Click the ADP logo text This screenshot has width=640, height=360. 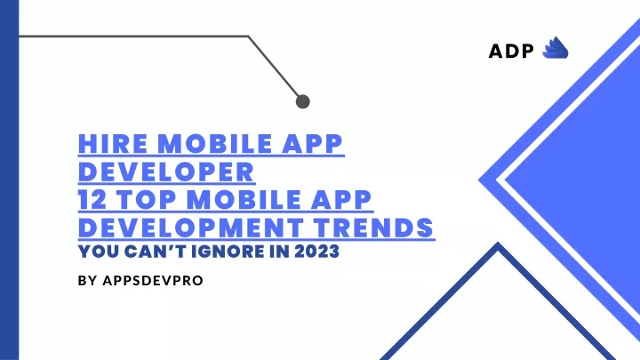(x=511, y=51)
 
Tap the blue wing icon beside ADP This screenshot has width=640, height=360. (x=555, y=48)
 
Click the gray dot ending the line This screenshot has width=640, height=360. (x=302, y=101)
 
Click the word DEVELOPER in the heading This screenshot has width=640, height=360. (x=166, y=172)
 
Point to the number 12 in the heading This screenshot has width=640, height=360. (x=92, y=200)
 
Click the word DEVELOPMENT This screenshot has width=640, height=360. (x=190, y=228)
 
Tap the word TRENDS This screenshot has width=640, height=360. (x=373, y=228)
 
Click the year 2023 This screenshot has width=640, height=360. (x=316, y=252)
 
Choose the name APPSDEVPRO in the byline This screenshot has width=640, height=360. (x=153, y=281)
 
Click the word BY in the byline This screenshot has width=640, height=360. (x=87, y=281)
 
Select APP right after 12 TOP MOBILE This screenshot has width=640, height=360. (x=340, y=200)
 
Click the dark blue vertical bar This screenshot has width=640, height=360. (x=10, y=180)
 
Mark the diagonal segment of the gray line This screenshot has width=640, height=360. (x=274, y=67)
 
